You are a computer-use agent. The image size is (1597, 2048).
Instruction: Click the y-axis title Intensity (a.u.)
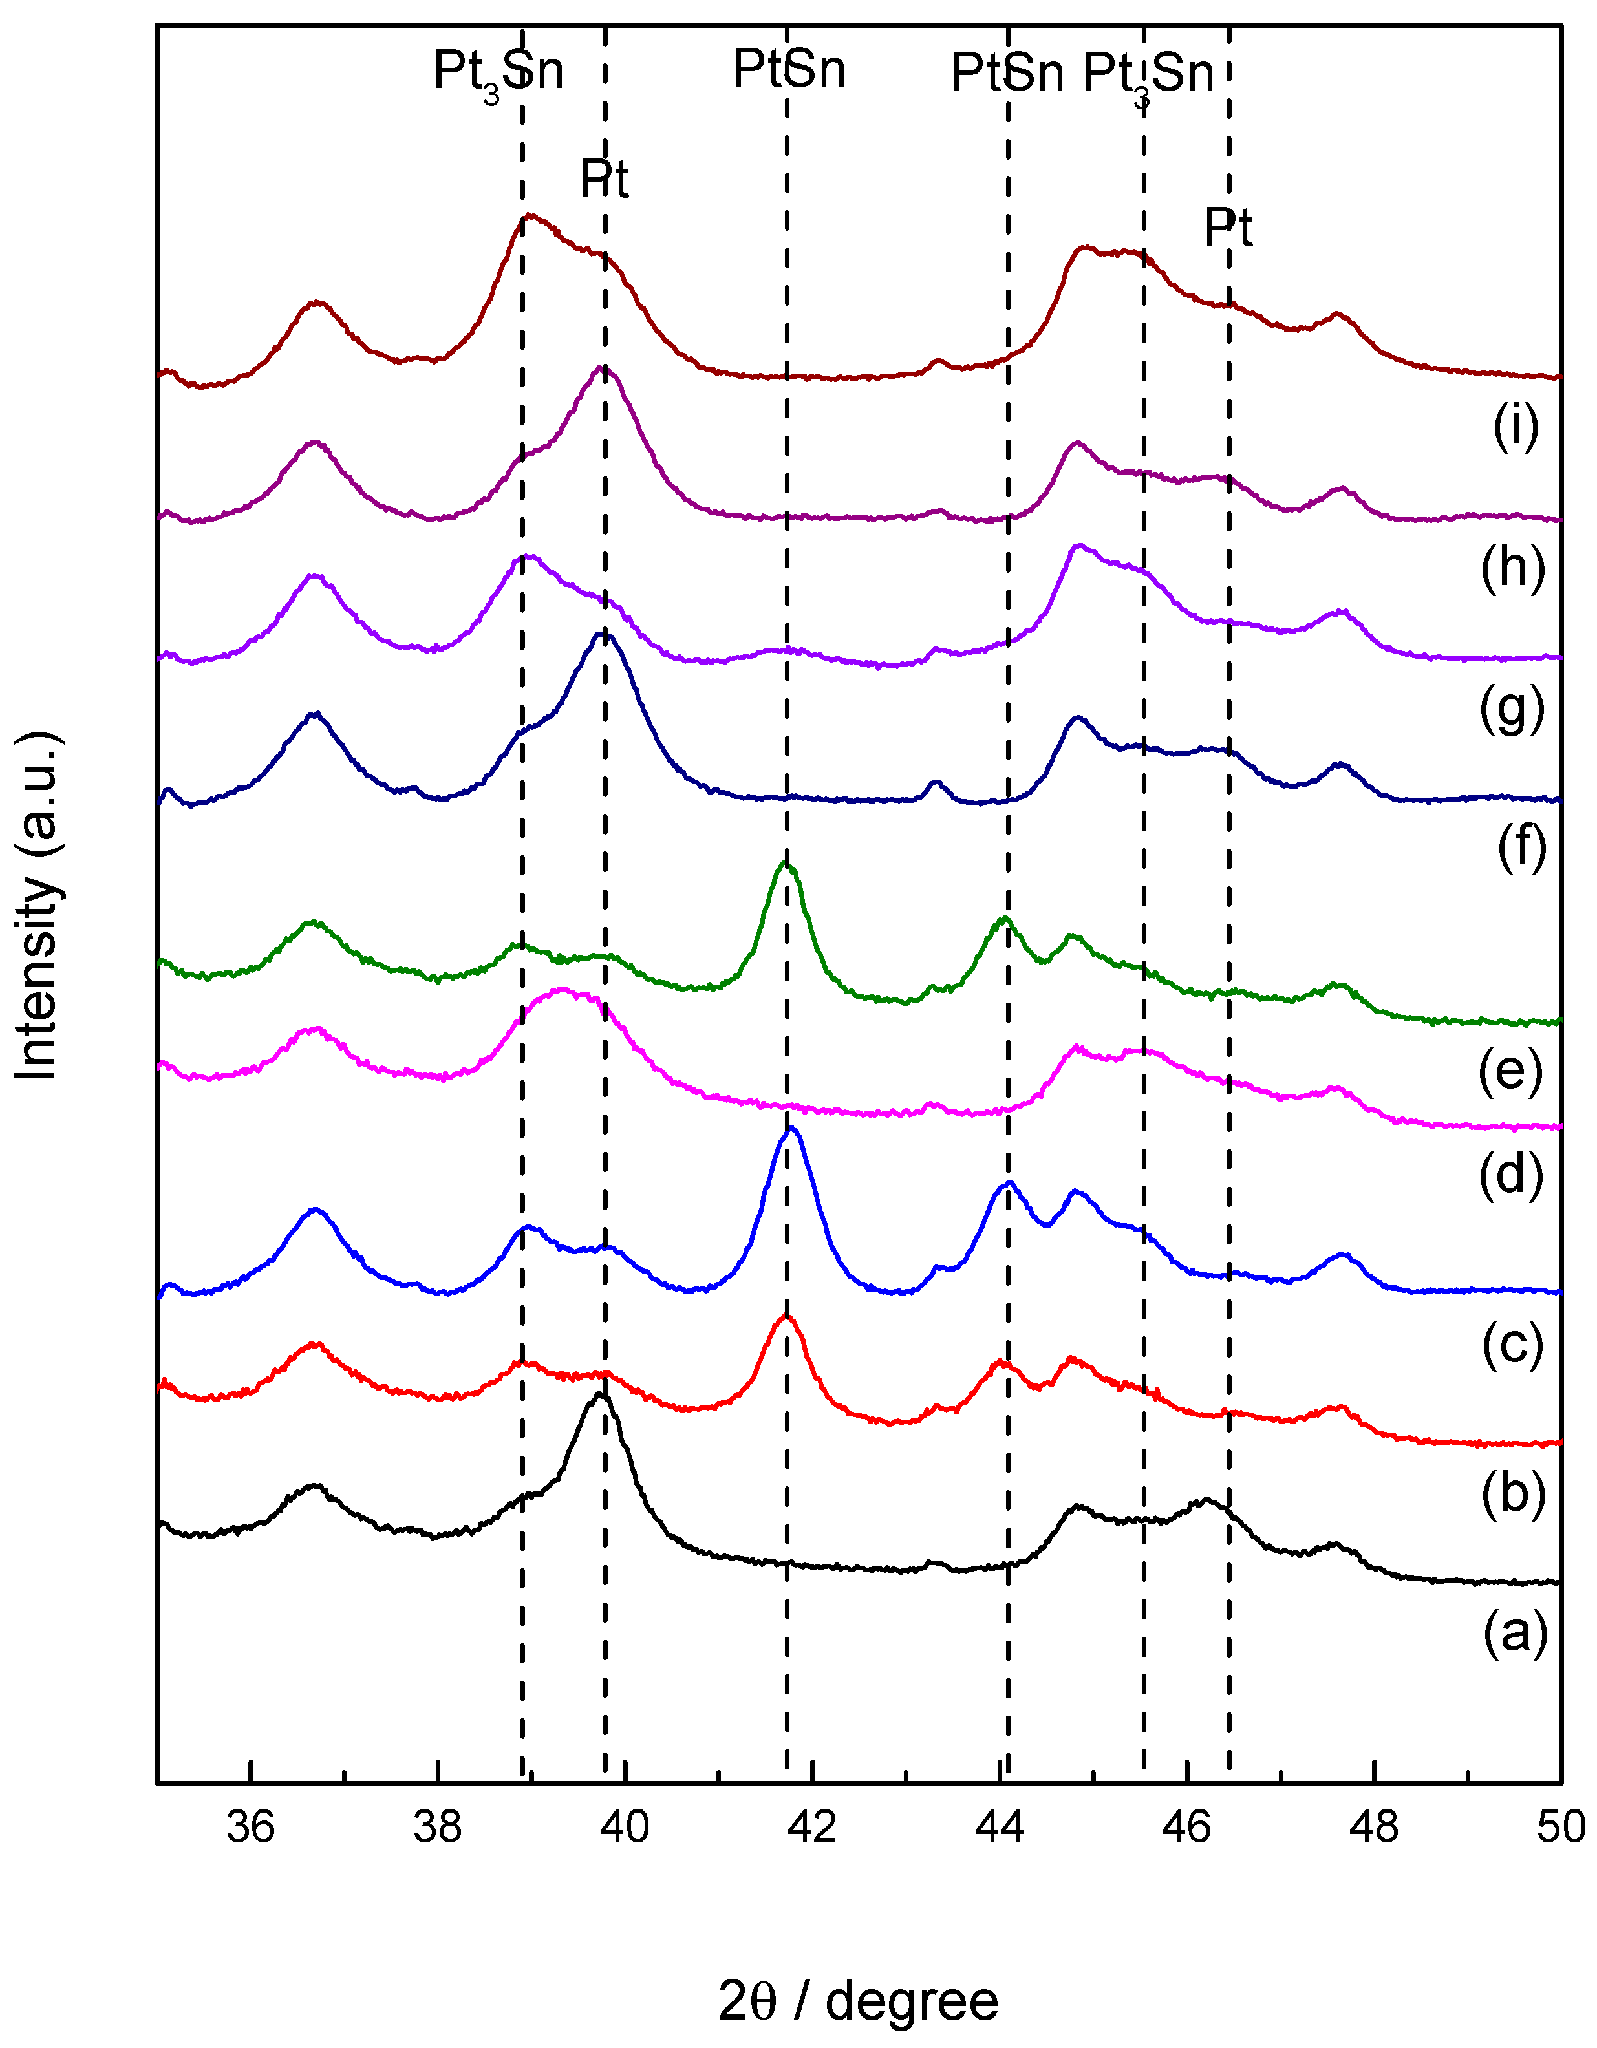coord(38,905)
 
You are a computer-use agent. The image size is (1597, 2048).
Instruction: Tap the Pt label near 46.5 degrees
coord(1228,228)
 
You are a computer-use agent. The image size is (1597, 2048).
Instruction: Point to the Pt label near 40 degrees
coord(604,179)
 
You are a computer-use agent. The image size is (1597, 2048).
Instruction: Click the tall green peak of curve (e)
coord(786,864)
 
